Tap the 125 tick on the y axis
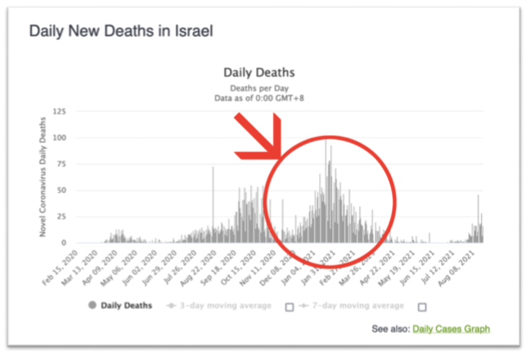tap(59, 111)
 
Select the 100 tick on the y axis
tap(59, 137)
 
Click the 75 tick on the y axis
tap(61, 164)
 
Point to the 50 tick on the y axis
tap(61, 190)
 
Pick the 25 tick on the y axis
tap(61, 216)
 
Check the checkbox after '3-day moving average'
tap(289, 307)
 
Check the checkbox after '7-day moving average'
tap(422, 307)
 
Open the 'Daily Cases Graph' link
tap(451, 330)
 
